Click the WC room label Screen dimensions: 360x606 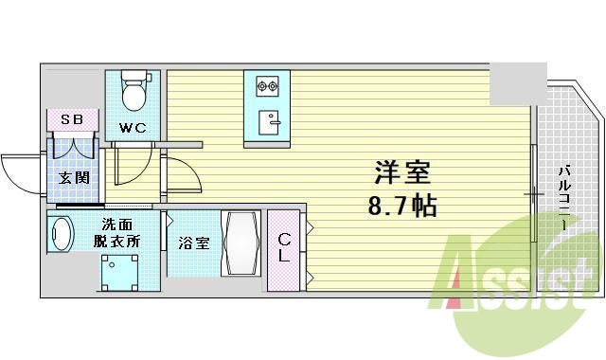point(131,128)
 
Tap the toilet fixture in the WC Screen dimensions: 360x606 point(134,92)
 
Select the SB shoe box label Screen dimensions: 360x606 point(71,120)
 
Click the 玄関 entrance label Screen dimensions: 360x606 point(73,177)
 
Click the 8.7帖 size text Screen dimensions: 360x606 point(403,204)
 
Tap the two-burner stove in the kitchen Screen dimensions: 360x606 point(266,87)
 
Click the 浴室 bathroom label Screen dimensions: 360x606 point(193,243)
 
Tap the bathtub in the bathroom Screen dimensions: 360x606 point(241,243)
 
